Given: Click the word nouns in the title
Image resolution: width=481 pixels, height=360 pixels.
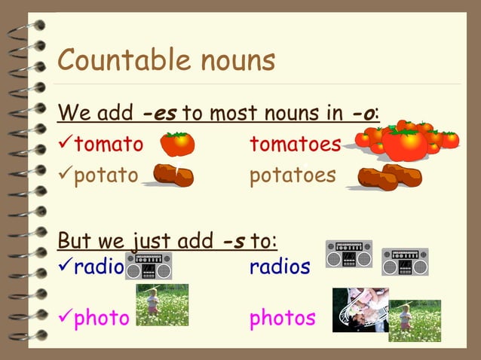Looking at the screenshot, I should (235, 60).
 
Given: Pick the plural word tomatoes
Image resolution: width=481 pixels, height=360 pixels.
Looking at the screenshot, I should (295, 144).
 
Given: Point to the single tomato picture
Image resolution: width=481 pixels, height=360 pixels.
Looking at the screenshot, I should (178, 143).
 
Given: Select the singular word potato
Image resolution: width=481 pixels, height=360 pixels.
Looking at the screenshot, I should (106, 175).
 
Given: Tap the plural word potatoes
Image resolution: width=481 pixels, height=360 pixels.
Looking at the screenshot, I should (293, 175).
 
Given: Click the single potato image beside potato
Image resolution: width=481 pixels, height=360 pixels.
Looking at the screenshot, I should (173, 175).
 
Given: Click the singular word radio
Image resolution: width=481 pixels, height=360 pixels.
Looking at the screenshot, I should (99, 266).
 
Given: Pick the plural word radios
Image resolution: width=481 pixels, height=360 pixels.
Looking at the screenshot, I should (280, 266).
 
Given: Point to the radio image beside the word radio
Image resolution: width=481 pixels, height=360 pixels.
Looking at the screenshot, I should (149, 266).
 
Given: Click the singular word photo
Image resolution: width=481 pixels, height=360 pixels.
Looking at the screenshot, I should (102, 318).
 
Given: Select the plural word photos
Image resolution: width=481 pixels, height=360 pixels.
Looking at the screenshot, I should (283, 318).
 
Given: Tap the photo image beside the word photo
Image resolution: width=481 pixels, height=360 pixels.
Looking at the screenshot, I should (162, 304).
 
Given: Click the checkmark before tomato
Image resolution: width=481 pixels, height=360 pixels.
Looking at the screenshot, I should (66, 143).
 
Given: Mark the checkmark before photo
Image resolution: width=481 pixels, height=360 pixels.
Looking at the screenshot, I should (66, 317).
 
